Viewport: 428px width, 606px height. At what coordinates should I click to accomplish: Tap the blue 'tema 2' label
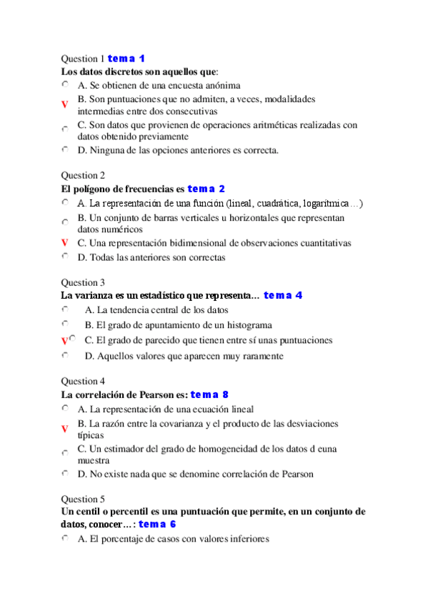click(x=206, y=189)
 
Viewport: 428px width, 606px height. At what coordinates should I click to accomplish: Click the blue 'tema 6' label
click(x=157, y=525)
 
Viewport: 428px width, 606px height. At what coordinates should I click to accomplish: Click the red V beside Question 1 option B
click(x=64, y=105)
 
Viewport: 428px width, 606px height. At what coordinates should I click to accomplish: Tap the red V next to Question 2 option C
click(x=64, y=243)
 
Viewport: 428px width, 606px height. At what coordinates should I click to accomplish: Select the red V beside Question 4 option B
click(x=64, y=429)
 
